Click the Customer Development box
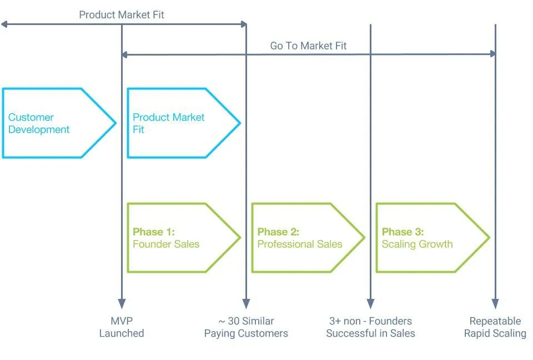[56, 123]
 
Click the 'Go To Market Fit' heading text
[308, 46]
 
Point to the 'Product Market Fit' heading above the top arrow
[122, 14]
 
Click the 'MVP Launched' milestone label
[122, 327]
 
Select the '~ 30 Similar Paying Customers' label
[246, 327]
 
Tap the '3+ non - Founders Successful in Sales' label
[370, 327]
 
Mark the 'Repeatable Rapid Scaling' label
[495, 327]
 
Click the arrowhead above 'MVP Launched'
[122, 304]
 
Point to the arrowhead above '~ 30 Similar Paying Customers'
[246, 304]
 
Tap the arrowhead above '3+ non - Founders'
[370, 304]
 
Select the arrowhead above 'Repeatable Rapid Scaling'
[495, 304]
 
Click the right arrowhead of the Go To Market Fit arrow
[492, 54]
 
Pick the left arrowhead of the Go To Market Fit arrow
[125, 54]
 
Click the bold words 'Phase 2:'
[278, 232]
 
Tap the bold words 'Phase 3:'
[403, 232]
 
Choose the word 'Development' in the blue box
[39, 129]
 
